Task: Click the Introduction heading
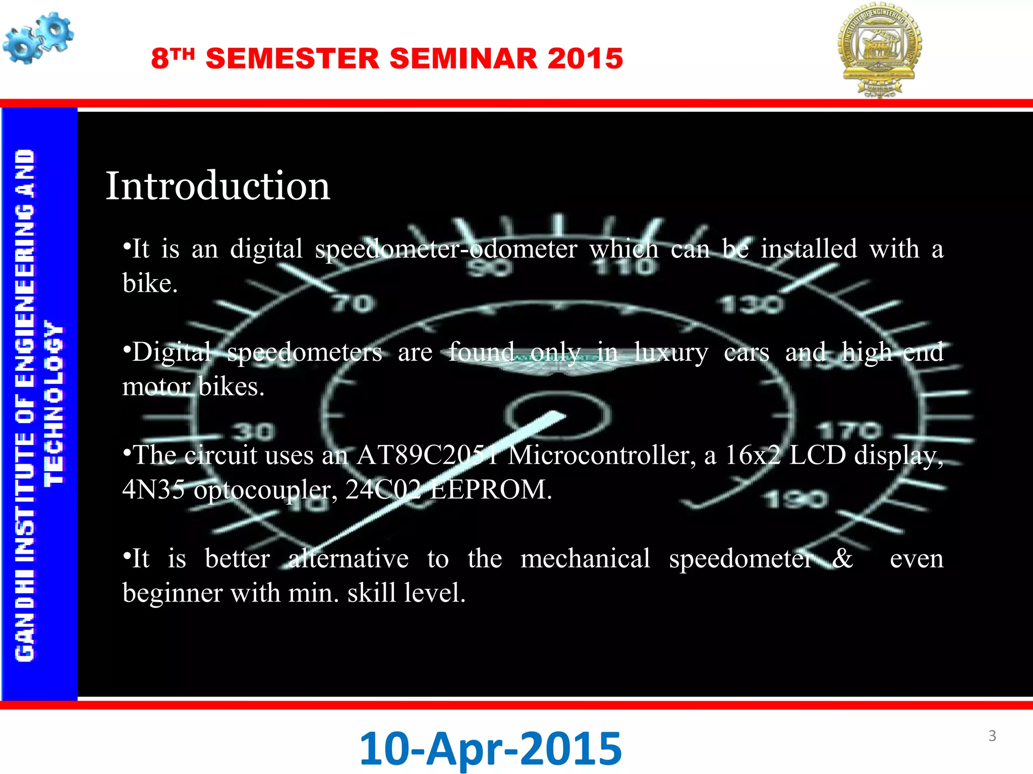[217, 186]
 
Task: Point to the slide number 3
[992, 736]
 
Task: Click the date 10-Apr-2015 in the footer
[490, 749]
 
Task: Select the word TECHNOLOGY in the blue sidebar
[54, 403]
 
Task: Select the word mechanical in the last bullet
[585, 559]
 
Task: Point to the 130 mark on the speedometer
[752, 304]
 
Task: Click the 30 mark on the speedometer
[254, 431]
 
